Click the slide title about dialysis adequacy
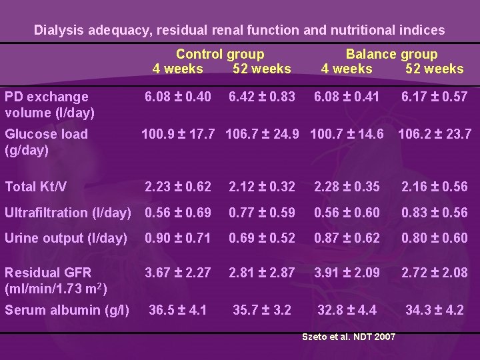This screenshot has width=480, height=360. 239,30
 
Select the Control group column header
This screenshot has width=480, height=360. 220,55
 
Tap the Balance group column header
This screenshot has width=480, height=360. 391,55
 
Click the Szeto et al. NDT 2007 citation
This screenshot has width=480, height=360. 349,337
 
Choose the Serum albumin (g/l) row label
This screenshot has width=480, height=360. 67,310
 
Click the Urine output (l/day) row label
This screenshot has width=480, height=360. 66,238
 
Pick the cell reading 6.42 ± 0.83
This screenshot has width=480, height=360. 261,97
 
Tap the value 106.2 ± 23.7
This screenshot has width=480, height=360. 434,134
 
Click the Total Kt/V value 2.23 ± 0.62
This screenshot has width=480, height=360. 178,187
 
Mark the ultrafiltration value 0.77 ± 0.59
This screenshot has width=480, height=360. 261,213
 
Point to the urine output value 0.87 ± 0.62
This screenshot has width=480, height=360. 347,238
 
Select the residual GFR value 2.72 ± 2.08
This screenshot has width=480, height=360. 434,273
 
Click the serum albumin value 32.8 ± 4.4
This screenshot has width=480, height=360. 347,309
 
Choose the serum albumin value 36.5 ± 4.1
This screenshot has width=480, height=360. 178,309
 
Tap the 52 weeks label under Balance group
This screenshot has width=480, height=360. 434,69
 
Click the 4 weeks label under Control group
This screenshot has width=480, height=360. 178,69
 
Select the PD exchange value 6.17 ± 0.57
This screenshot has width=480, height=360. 434,97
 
